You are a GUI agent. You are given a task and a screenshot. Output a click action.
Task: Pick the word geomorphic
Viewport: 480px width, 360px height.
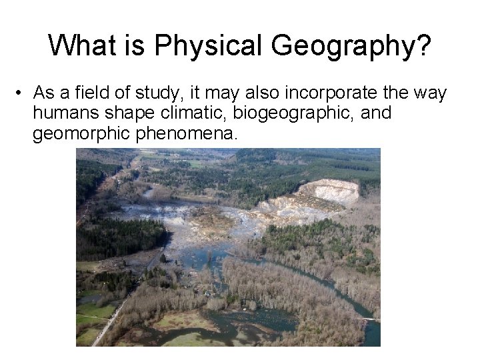[x=81, y=133]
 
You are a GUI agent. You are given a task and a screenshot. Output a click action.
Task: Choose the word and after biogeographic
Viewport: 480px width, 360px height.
[x=376, y=113]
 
